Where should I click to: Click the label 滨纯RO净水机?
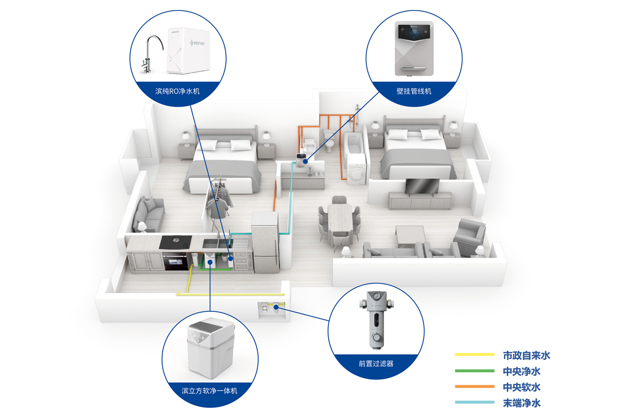pos(177,91)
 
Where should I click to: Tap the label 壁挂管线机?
pos(414,91)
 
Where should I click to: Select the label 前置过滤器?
pos(376,363)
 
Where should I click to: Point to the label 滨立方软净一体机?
pos(209,391)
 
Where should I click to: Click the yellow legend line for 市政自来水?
pos(475,355)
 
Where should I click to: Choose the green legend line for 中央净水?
pos(475,371)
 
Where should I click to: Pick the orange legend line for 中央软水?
pos(475,387)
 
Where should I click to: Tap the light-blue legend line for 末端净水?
pos(475,403)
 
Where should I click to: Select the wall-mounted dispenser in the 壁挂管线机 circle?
pos(414,49)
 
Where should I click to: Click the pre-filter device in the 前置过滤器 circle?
pos(376,322)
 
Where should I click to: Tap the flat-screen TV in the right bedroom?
pos(421,186)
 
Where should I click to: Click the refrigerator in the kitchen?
pos(266,242)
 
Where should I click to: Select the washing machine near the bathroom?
pos(356,170)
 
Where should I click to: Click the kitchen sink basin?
pos(211,244)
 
